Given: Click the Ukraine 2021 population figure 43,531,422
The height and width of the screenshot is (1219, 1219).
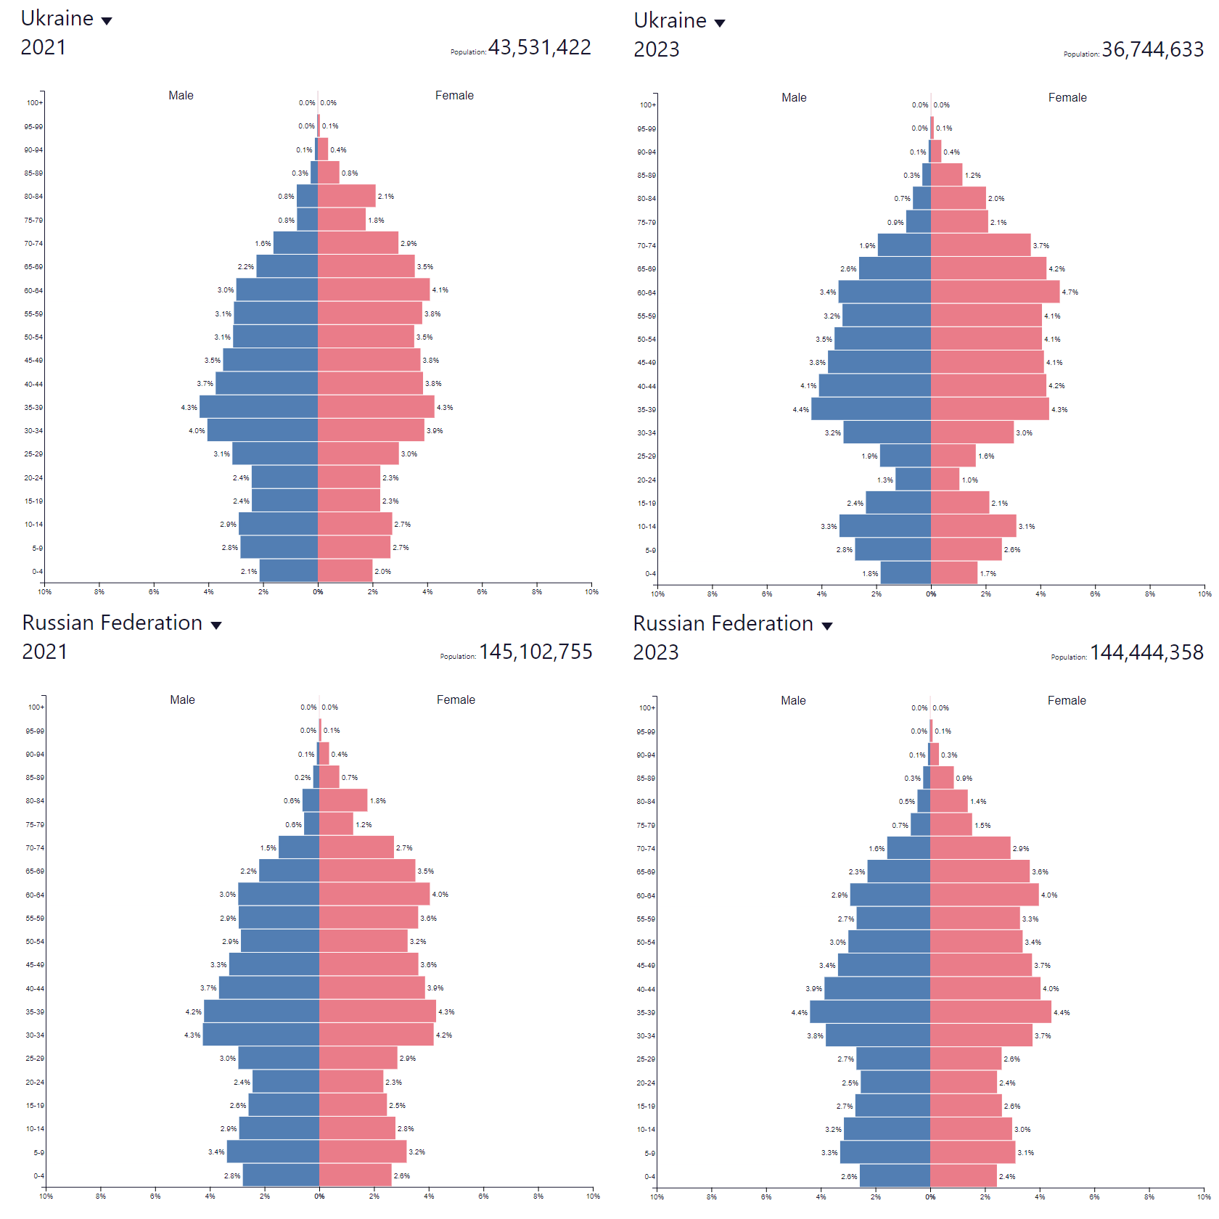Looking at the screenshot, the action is (x=539, y=47).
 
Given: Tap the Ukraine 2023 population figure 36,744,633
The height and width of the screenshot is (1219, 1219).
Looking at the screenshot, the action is (x=1152, y=49).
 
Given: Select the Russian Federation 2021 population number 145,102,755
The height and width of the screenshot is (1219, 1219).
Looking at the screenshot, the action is (x=535, y=652).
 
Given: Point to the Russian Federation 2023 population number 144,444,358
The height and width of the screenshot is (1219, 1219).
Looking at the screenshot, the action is (x=1146, y=652).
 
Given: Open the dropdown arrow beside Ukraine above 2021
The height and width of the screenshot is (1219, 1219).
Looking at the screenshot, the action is (x=107, y=21).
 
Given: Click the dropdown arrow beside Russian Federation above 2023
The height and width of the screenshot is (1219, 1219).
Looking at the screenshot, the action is (x=826, y=626).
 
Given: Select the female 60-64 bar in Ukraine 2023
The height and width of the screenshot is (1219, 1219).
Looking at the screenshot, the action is (x=995, y=292).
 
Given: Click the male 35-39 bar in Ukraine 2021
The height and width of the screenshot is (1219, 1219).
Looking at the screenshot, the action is (x=258, y=406).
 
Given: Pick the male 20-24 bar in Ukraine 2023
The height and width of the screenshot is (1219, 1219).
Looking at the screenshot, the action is (x=913, y=479).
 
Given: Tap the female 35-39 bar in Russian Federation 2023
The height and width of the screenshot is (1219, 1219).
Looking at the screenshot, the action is (x=990, y=1011).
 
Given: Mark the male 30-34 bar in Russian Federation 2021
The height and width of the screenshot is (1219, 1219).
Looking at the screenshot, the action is (x=260, y=1035).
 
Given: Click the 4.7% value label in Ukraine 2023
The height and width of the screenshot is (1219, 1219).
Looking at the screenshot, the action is (x=1070, y=292).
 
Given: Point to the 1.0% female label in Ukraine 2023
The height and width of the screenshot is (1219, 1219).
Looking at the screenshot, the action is (x=970, y=480).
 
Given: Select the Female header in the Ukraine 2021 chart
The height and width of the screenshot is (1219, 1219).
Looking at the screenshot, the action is (x=454, y=96).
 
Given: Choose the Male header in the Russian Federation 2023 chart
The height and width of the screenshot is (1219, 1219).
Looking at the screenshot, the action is (x=793, y=701).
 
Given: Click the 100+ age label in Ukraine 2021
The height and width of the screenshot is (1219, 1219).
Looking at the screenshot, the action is (x=35, y=103).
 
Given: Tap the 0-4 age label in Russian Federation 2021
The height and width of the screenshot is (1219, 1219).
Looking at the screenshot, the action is (x=38, y=1176).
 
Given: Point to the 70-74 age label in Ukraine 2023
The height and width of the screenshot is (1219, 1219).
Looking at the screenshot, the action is (x=647, y=246).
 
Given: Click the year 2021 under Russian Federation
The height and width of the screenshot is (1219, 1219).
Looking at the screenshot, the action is (x=44, y=652).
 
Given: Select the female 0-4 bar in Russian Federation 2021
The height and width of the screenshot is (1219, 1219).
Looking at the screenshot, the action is (x=355, y=1175).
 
